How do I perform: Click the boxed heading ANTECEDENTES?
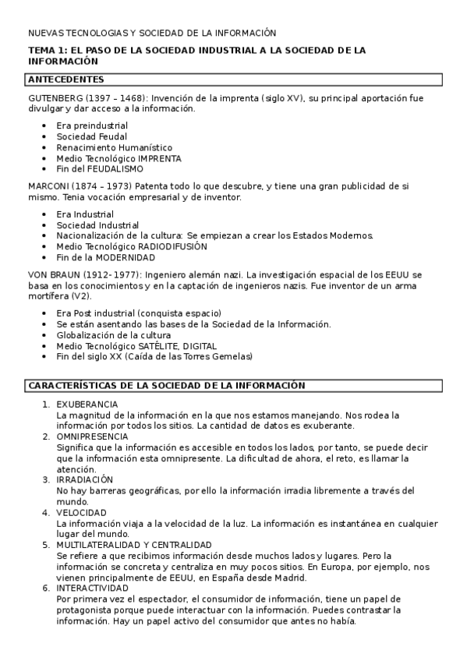(x=65, y=80)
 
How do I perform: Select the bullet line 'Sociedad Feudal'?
(x=91, y=136)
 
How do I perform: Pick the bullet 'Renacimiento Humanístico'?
(x=114, y=147)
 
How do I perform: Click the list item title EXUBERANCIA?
(x=87, y=404)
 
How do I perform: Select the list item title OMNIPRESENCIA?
(x=90, y=437)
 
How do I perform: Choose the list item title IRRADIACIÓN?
(x=85, y=479)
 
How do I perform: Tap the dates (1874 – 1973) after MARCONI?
(x=104, y=187)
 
